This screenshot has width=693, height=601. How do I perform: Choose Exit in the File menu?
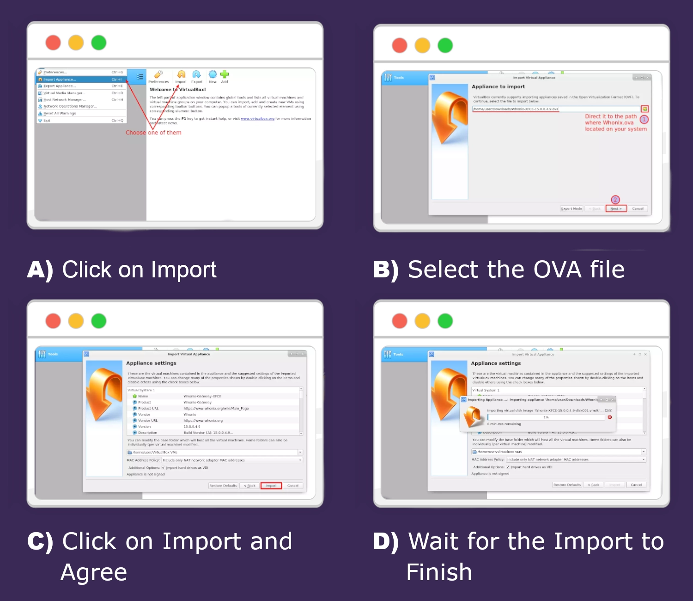pyautogui.click(x=47, y=121)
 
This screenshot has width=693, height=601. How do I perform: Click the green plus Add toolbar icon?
pyautogui.click(x=225, y=75)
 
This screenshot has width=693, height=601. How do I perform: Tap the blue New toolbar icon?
pyautogui.click(x=213, y=75)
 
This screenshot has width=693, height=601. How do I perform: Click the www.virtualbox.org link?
pyautogui.click(x=257, y=119)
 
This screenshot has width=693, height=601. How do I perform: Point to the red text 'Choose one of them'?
pyautogui.click(x=153, y=133)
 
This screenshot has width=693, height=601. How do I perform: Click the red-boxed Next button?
pyautogui.click(x=616, y=209)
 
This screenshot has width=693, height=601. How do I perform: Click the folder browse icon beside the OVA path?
pyautogui.click(x=644, y=109)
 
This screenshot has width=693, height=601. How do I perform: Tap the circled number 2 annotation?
pyautogui.click(x=615, y=200)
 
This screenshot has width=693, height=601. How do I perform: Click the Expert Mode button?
pyautogui.click(x=571, y=209)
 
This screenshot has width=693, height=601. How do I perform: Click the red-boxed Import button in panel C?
pyautogui.click(x=271, y=485)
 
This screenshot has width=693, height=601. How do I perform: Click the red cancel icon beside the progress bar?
pyautogui.click(x=609, y=417)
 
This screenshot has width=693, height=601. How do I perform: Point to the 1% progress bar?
pyautogui.click(x=546, y=417)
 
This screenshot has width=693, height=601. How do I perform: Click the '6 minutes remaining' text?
pyautogui.click(x=504, y=424)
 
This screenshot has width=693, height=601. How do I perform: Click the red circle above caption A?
pyautogui.click(x=53, y=43)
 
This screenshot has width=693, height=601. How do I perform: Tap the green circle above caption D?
pyautogui.click(x=445, y=321)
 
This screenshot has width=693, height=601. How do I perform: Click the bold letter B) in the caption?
pyautogui.click(x=386, y=270)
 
